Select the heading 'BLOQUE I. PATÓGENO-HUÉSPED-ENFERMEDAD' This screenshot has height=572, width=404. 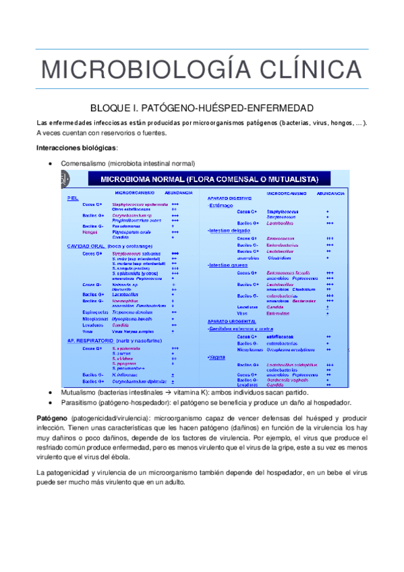pyautogui.click(x=202, y=108)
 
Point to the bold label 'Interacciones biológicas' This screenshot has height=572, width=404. pyautogui.click(x=76, y=148)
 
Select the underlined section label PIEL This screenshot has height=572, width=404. pyautogui.click(x=73, y=198)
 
